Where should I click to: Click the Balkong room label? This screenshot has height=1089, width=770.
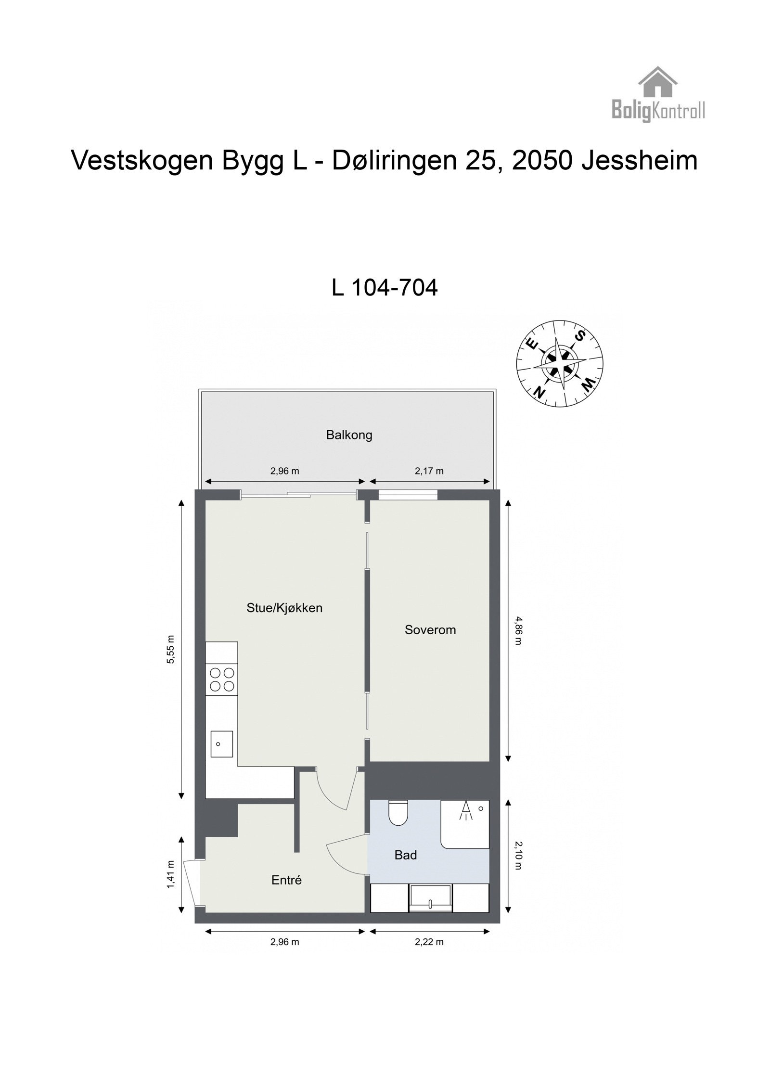click(349, 435)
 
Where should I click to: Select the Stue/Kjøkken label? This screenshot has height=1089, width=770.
click(284, 608)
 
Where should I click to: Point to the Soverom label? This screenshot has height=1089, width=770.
click(430, 629)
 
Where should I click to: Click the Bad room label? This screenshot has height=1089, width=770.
click(405, 855)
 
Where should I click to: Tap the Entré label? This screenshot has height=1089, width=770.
click(286, 880)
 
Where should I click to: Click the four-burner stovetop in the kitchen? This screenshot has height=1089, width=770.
click(222, 679)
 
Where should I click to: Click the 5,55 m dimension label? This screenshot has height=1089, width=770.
click(170, 649)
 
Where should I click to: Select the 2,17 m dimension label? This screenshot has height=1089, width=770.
click(429, 471)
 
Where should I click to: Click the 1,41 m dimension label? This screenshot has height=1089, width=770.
click(170, 874)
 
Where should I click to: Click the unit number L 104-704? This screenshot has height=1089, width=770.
click(385, 288)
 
